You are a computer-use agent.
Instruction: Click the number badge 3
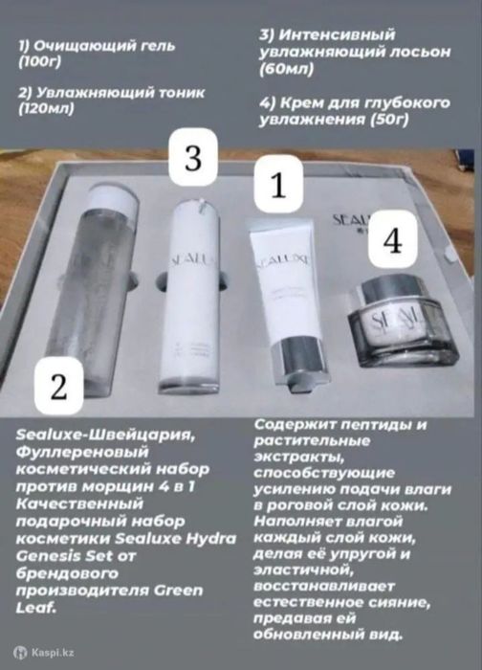[x=193, y=159]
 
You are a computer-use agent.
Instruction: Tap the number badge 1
[x=276, y=187]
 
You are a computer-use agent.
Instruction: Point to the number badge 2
[x=59, y=388]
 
